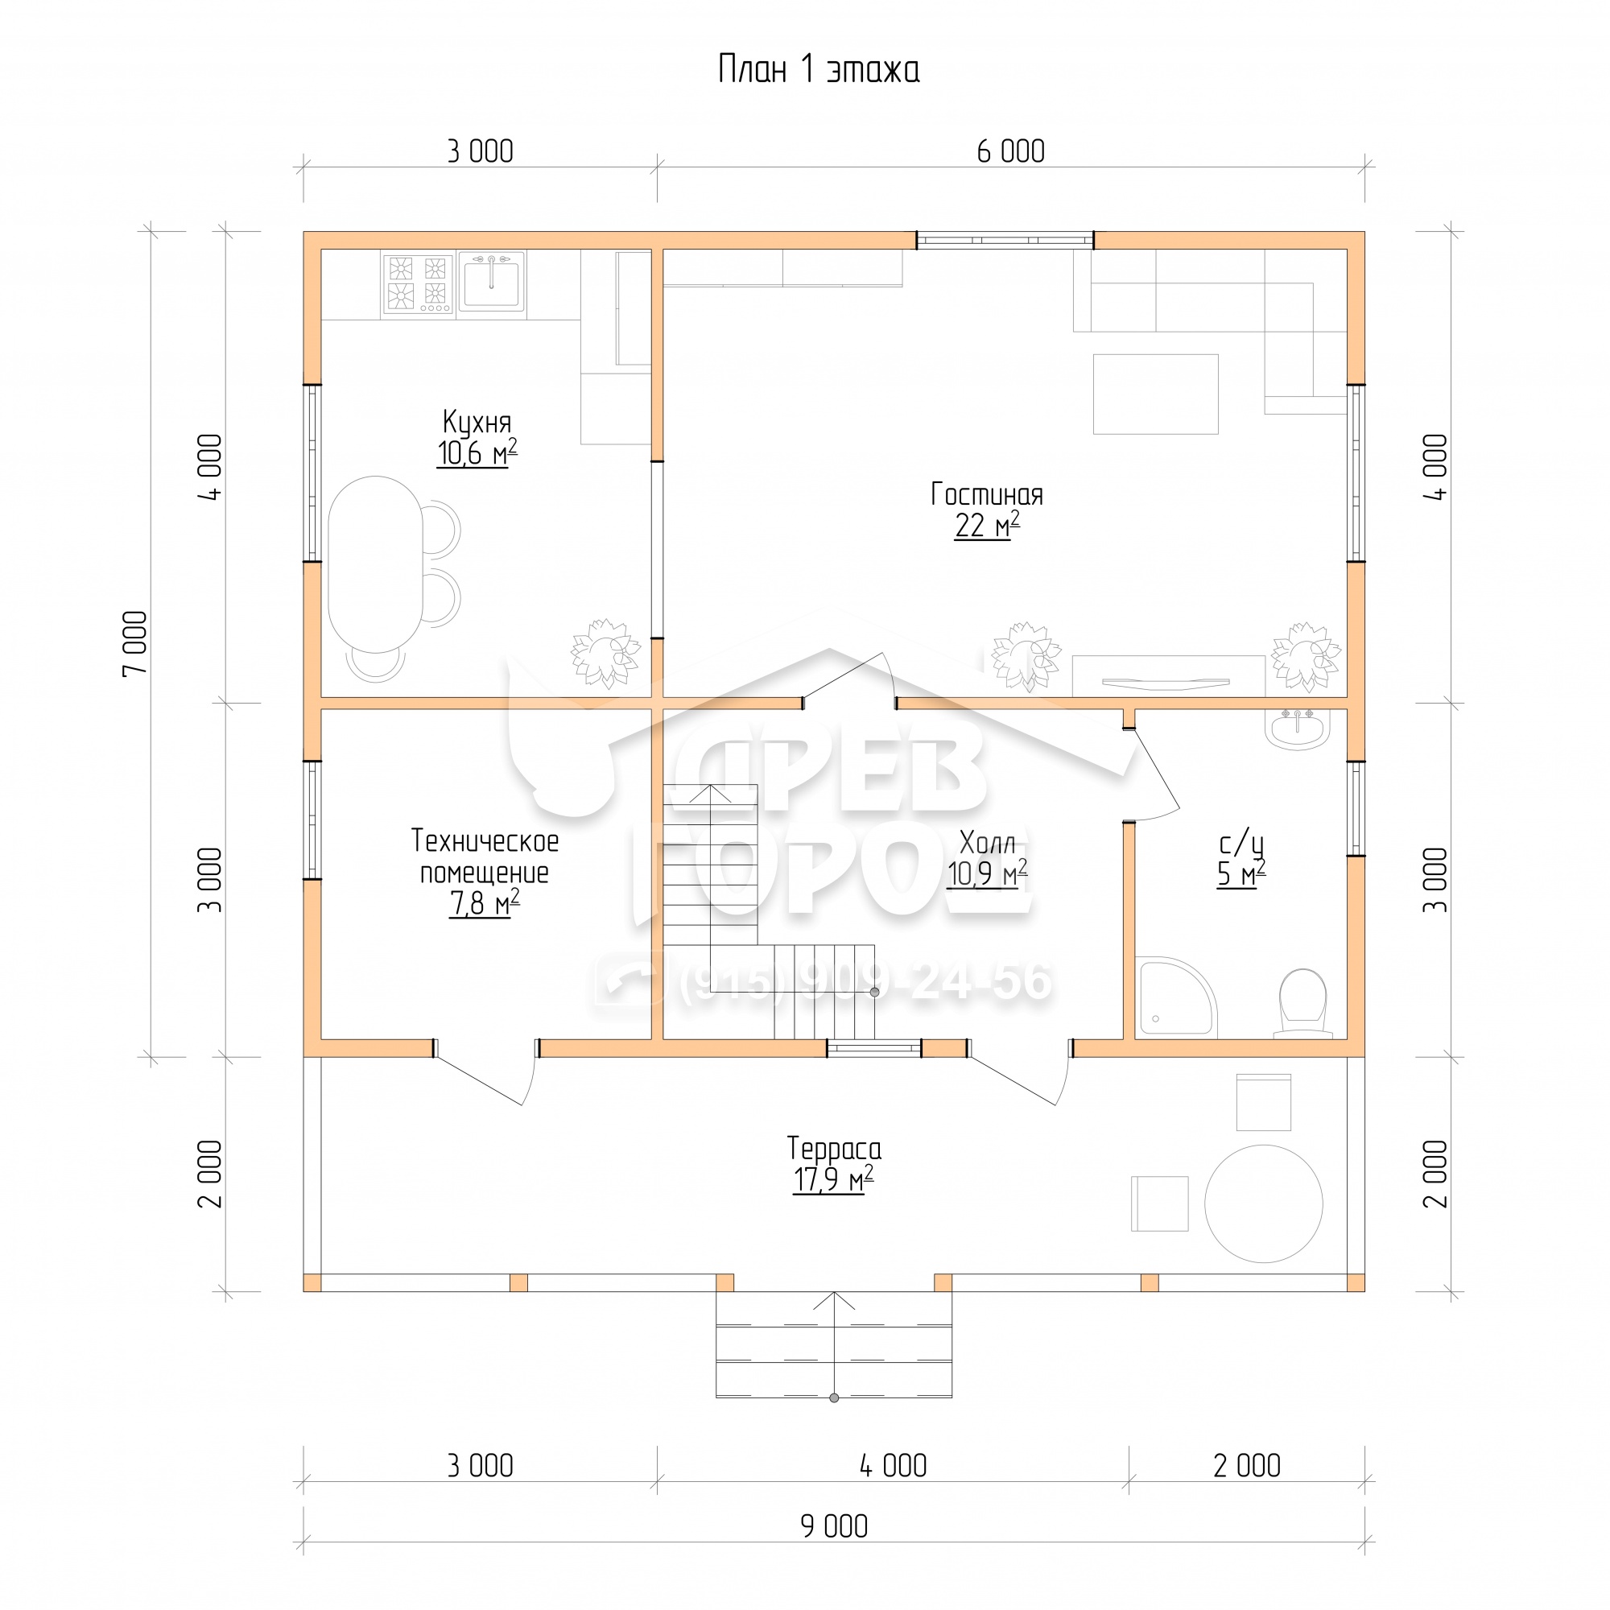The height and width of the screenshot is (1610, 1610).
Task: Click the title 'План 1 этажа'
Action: (x=819, y=70)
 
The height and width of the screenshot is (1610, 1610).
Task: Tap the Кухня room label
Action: (x=477, y=422)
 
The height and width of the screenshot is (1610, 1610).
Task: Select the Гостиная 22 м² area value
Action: (x=987, y=526)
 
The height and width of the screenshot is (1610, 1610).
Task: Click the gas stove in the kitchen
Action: (x=419, y=283)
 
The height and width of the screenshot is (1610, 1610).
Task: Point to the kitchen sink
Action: (x=492, y=282)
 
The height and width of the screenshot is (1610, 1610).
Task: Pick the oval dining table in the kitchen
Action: (x=375, y=564)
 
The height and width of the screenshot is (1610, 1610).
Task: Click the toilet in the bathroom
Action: (x=1302, y=1003)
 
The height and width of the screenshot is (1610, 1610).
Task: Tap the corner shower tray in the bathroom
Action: (x=1175, y=997)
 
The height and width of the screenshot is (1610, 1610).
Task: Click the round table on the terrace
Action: (x=1263, y=1203)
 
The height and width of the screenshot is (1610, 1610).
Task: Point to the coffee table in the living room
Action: (x=1155, y=394)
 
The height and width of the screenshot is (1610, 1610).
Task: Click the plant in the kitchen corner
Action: (x=606, y=653)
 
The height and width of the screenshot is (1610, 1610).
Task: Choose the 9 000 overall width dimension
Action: (x=834, y=1525)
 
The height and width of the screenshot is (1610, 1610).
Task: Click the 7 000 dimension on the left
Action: (x=135, y=642)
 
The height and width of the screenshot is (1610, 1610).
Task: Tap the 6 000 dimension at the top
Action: (x=1010, y=151)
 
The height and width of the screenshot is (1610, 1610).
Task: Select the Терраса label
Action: (x=834, y=1149)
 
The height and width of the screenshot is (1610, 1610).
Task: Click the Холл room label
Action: (x=987, y=843)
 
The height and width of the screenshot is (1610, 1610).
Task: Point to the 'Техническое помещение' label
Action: (x=484, y=857)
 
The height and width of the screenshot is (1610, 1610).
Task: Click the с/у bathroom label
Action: (x=1241, y=844)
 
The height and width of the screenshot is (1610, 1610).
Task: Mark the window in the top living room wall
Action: (x=1005, y=240)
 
